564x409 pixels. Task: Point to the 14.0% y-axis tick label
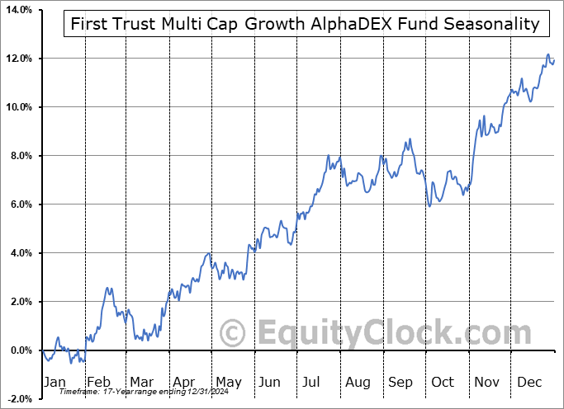point(17,10)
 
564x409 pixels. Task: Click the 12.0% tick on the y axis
point(17,59)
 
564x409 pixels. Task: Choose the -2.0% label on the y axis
point(18,399)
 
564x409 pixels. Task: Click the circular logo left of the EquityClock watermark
point(234,333)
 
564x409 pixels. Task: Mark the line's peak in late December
point(548,55)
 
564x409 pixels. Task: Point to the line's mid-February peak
point(107,288)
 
